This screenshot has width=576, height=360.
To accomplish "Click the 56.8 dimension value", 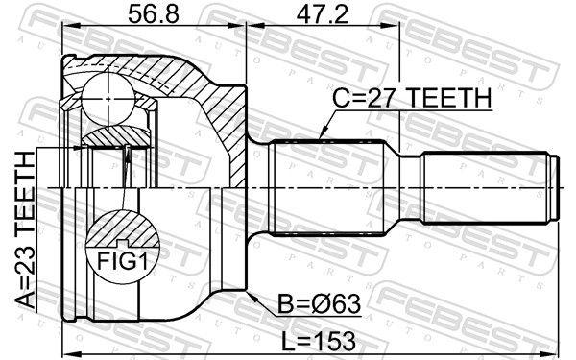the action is pyautogui.click(x=154, y=13).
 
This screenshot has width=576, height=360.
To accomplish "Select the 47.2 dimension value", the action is pyautogui.click(x=322, y=13).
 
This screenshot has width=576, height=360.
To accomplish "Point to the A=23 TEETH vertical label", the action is pyautogui.click(x=26, y=228).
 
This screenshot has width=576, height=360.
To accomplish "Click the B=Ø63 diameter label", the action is pyautogui.click(x=320, y=304).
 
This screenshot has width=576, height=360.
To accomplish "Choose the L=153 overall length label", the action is pyautogui.click(x=319, y=341).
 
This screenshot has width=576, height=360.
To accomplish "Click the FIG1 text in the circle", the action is pyautogui.click(x=122, y=261).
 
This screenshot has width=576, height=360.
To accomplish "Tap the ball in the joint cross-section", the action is pyautogui.click(x=108, y=99).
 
